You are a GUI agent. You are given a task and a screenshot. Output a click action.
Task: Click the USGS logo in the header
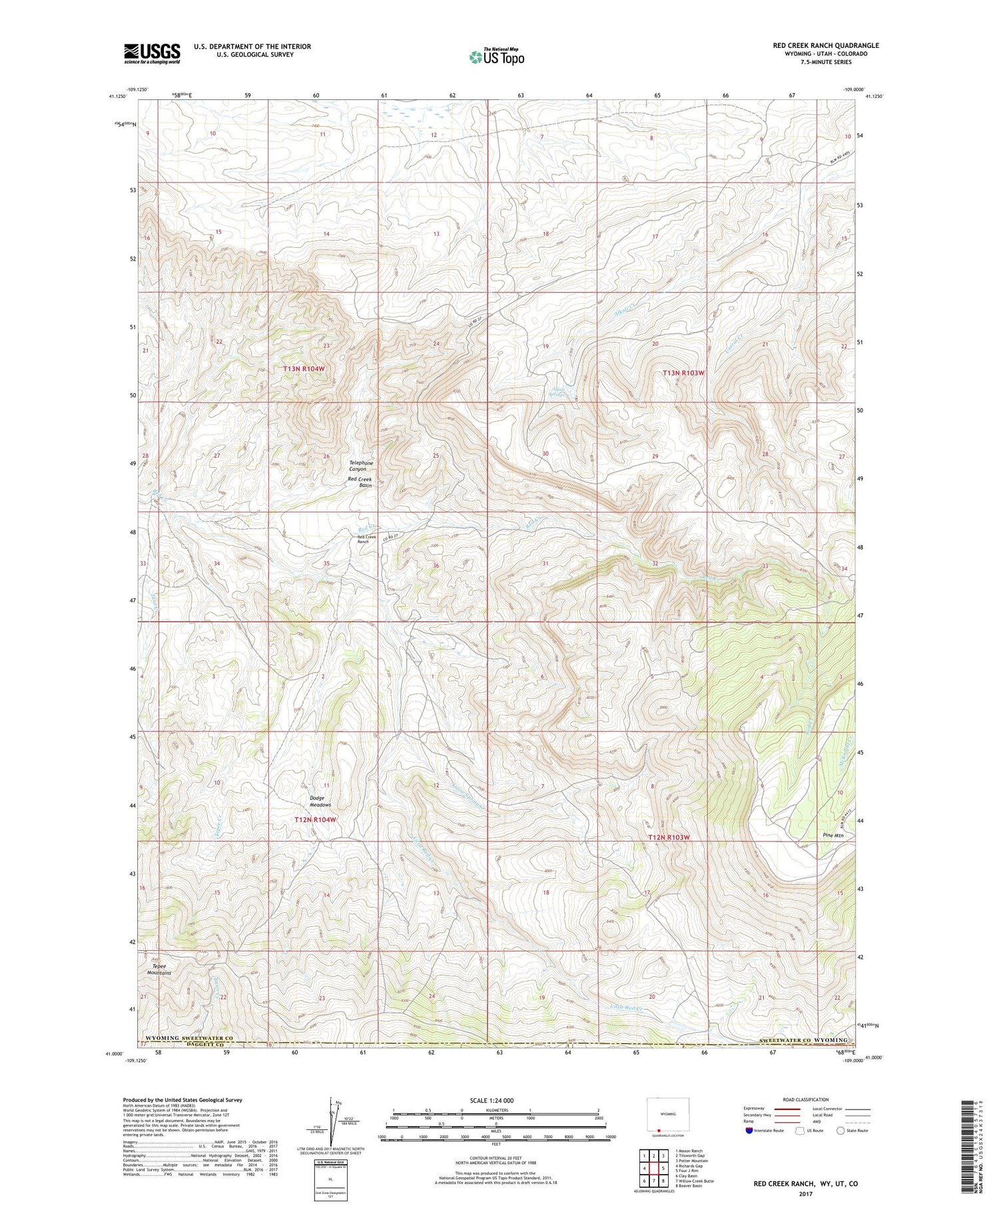tap(152, 53)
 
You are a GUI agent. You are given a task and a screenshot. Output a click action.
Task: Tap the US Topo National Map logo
tap(496, 57)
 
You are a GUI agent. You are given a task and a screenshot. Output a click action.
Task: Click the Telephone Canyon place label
tap(362, 466)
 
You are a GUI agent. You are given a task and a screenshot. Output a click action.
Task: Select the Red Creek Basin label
tap(360, 482)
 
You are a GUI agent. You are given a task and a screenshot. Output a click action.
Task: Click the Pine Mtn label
tap(832, 836)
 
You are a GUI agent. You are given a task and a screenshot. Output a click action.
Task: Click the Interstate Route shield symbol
tap(749, 1131)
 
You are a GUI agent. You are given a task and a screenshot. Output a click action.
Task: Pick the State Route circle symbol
tap(841, 1131)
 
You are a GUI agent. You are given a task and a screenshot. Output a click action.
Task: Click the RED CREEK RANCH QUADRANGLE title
tap(825, 45)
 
